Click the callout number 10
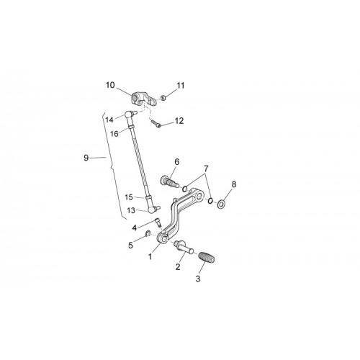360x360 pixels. point(110,85)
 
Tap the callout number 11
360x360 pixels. point(181,86)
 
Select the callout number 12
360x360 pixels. point(179,121)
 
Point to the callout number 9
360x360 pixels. point(86,158)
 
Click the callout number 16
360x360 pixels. point(114,134)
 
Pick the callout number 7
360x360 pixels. point(207,169)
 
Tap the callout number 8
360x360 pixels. point(234,184)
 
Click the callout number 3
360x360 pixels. point(198,279)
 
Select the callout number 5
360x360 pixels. point(130,246)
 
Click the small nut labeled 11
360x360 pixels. point(163,97)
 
